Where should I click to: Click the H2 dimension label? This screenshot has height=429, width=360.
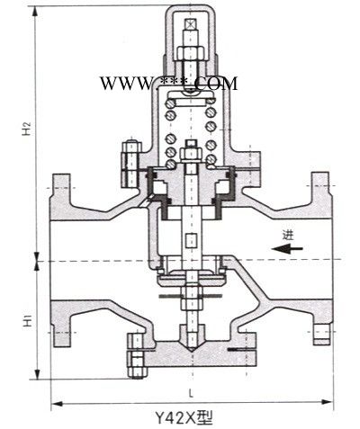27,128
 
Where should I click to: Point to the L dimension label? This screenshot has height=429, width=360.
191,393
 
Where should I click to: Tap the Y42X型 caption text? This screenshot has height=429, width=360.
184,417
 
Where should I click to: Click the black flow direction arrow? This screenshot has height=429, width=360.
287,248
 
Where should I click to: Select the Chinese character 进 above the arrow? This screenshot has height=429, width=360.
288,235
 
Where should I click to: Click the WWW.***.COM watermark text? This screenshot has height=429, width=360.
168,84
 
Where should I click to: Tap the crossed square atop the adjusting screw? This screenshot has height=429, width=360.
190,24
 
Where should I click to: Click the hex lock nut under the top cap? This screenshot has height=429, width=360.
191,53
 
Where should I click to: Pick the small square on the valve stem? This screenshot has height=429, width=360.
191,240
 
